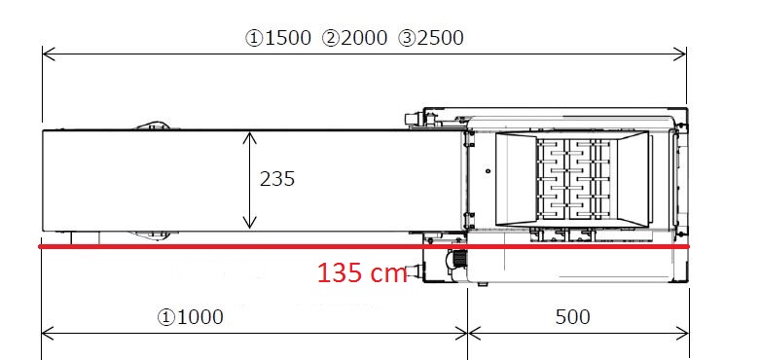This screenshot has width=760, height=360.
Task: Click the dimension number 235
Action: (x=277, y=179)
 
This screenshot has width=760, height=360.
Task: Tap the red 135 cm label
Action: (x=362, y=273)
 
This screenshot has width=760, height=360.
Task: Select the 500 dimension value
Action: (x=573, y=317)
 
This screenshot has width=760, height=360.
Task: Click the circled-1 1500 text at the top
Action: (x=278, y=38)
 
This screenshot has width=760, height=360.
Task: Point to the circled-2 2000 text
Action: (x=354, y=38)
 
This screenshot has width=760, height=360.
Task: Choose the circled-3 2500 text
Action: (x=431, y=38)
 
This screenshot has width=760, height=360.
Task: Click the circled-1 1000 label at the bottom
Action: (x=190, y=317)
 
